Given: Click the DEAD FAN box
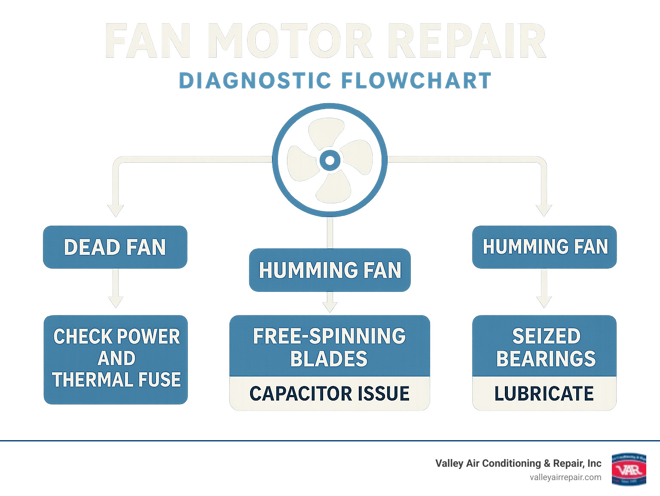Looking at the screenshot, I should (x=115, y=247).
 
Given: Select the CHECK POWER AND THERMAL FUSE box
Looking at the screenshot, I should (x=116, y=359).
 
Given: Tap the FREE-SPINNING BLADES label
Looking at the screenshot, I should (x=330, y=347).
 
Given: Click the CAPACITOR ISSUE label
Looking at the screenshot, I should (x=330, y=393).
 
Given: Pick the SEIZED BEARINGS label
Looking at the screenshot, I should (x=545, y=347).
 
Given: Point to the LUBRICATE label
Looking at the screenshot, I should (x=544, y=393).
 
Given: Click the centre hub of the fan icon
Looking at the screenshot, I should (x=330, y=160).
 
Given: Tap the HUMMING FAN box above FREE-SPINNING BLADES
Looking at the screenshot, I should (x=330, y=270).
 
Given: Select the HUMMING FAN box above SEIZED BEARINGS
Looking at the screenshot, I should (x=544, y=247).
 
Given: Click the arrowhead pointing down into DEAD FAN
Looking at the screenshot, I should (x=116, y=210).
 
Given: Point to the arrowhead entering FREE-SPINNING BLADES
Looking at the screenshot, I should (x=330, y=306).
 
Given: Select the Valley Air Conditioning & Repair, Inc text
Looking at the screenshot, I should (x=518, y=463).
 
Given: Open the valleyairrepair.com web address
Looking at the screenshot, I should (x=565, y=478).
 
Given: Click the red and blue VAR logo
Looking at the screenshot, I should (x=629, y=469).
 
